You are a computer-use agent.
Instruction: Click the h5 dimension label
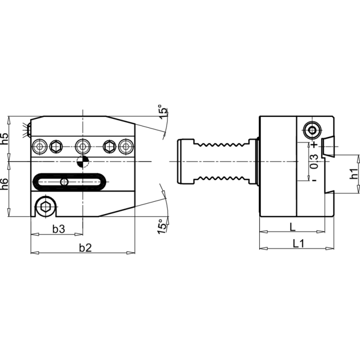(x=4, y=139)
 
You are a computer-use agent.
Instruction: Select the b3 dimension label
(x=59, y=229)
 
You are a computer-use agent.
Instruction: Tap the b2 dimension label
(x=85, y=248)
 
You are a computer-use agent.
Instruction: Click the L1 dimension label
(x=299, y=243)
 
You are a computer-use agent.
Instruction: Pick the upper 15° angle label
(x=163, y=112)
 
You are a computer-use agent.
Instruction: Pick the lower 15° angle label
(x=162, y=227)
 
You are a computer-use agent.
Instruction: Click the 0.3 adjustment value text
(x=314, y=162)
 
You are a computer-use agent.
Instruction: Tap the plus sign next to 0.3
(x=314, y=144)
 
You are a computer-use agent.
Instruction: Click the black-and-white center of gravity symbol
(x=83, y=162)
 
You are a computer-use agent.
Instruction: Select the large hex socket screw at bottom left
(x=45, y=207)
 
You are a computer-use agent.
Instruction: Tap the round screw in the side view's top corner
(x=312, y=130)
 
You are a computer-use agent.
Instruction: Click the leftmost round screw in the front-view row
(x=40, y=147)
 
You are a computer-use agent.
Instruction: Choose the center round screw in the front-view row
(x=83, y=147)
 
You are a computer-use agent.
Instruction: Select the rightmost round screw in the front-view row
(x=126, y=147)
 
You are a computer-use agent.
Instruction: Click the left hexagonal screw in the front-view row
(x=56, y=147)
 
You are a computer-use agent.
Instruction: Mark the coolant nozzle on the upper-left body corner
(x=28, y=130)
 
